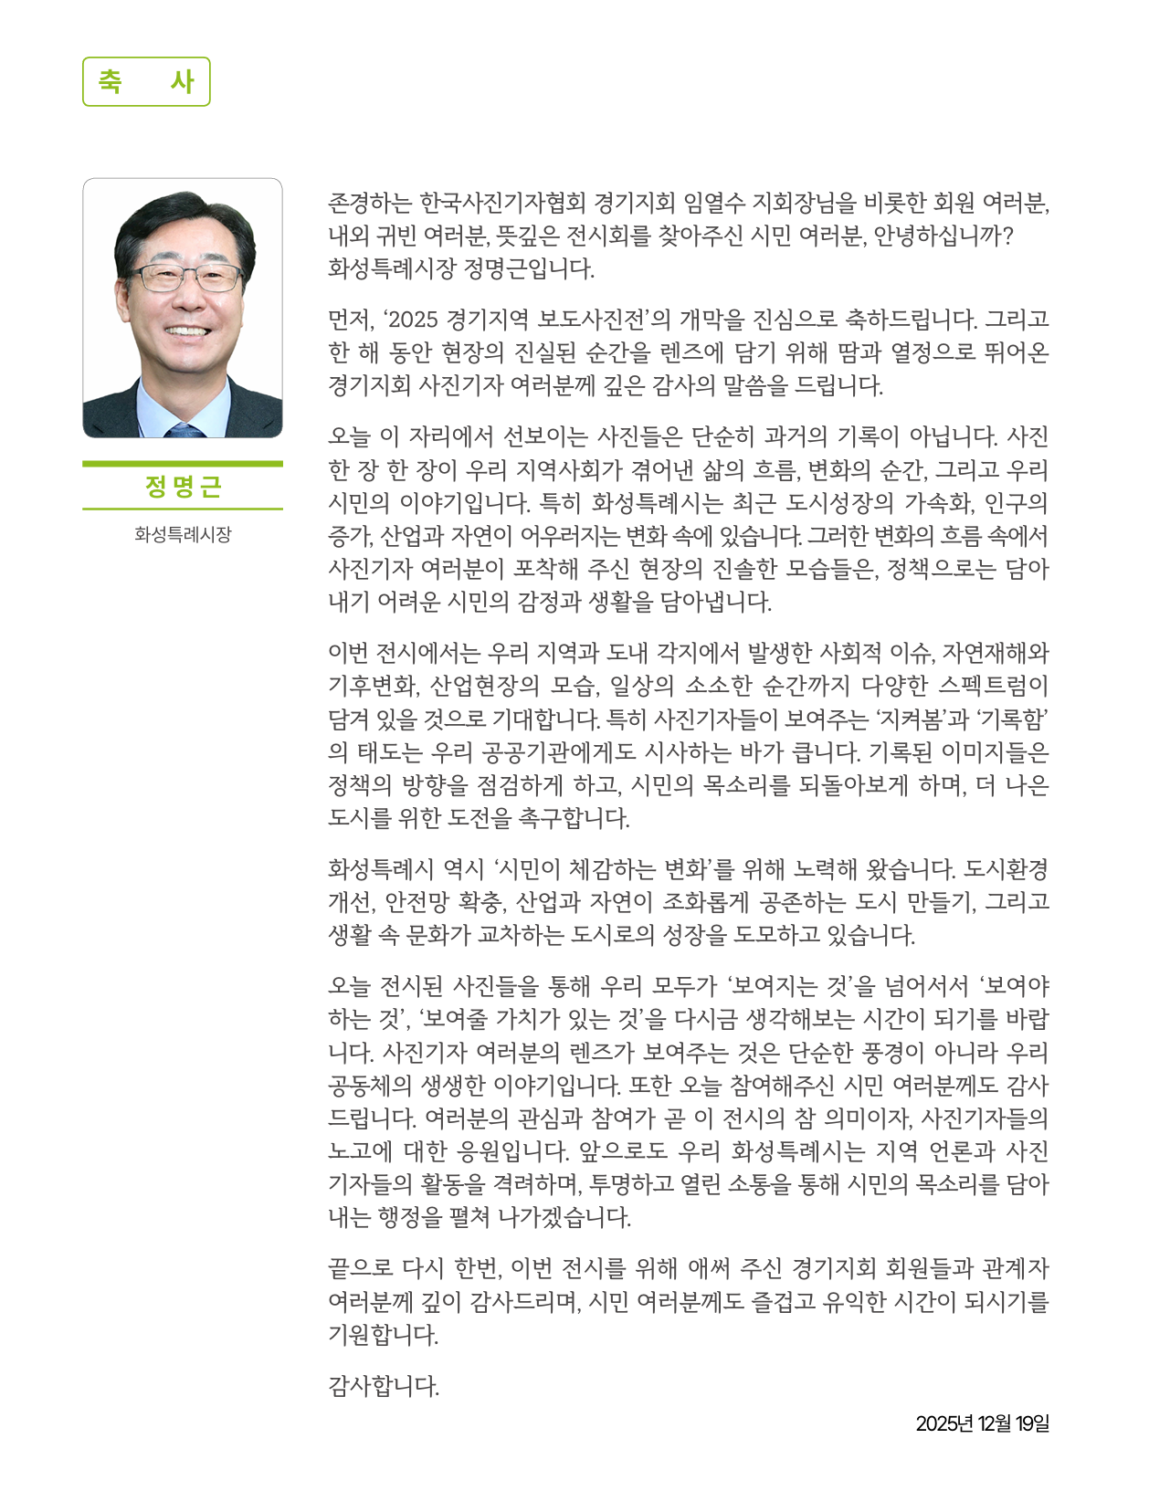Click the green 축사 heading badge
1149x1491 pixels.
[146, 81]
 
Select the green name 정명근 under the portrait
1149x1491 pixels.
[183, 487]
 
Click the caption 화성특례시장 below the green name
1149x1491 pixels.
[183, 534]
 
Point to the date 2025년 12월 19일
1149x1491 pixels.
[982, 1423]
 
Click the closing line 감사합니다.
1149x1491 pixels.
[384, 1387]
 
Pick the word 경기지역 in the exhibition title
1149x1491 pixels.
[488, 320]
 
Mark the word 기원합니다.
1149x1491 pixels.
[384, 1335]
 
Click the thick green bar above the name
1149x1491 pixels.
[183, 464]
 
